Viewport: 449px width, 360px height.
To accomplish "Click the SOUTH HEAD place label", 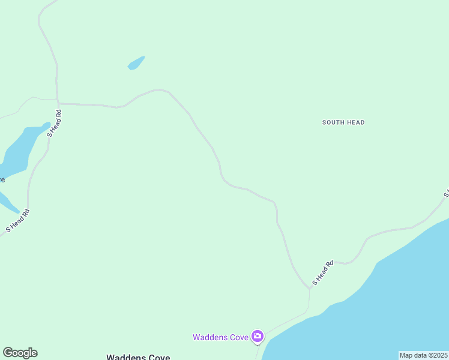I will (x=343, y=122).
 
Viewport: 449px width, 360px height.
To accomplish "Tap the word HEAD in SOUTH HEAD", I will (x=355, y=122).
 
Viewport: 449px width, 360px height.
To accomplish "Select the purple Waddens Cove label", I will (x=220, y=337).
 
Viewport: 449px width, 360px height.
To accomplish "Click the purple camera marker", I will (x=258, y=336).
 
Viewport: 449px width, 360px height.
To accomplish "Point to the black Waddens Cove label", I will (x=138, y=357).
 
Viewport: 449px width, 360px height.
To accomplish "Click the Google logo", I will (x=20, y=353).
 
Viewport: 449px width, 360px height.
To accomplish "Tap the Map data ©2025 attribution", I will (x=424, y=355).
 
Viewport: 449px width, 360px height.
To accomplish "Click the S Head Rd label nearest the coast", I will (x=322, y=273).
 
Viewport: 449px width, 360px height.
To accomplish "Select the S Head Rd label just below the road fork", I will (x=54, y=122).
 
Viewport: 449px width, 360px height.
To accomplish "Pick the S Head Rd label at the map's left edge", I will (x=17, y=220).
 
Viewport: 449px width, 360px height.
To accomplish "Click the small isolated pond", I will (x=136, y=62).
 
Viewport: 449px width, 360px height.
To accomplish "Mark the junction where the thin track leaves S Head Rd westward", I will (x=58, y=100).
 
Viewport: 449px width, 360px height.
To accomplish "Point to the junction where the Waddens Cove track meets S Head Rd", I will (x=310, y=289).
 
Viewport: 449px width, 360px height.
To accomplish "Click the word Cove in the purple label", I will (x=240, y=337).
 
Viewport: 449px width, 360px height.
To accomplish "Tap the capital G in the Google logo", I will (x=8, y=353).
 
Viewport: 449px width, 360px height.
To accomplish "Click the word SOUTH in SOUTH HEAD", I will (x=333, y=122).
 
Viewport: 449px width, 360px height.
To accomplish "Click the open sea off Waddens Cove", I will (x=384, y=300).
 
